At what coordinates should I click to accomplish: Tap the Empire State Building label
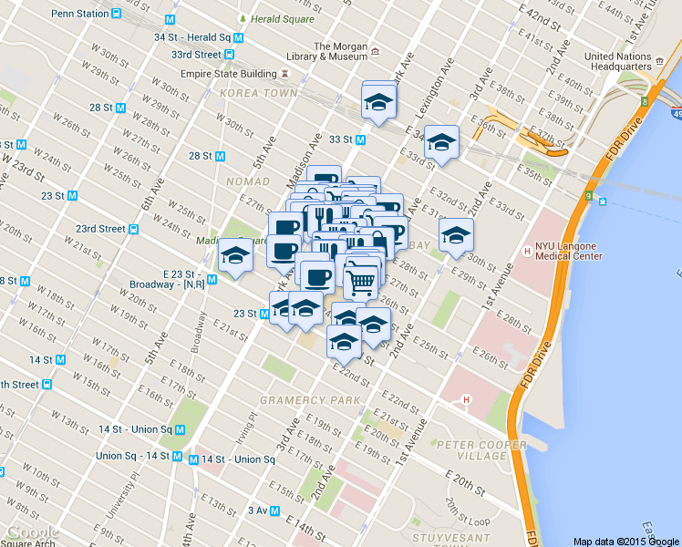tap(232, 73)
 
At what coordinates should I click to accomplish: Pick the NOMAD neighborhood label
tap(248, 181)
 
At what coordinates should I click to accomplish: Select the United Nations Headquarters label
tap(617, 61)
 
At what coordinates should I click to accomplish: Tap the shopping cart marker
tap(360, 283)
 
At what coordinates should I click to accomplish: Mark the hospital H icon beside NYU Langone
tap(526, 251)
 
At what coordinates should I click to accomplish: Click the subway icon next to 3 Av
tap(275, 511)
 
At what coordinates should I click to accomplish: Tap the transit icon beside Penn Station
tap(117, 15)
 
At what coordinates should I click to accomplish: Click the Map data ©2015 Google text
tap(626, 541)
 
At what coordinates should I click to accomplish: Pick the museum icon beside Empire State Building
tap(286, 73)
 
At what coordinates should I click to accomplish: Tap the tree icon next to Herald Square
tap(242, 18)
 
